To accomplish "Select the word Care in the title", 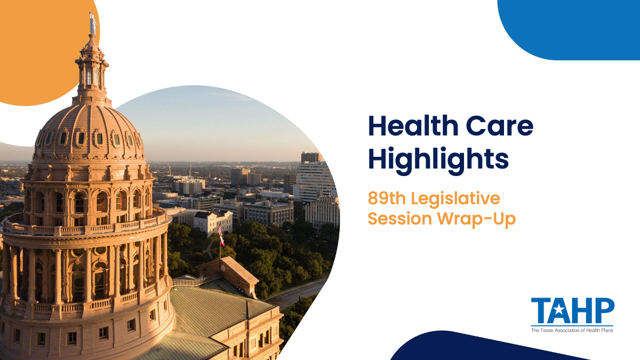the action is (500, 126).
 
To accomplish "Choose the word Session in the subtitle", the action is (400, 219).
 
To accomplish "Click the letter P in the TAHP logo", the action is (605, 310).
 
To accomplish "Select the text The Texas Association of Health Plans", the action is (572, 330).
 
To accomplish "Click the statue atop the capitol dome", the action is (93, 23).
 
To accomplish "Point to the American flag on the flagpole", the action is (220, 230).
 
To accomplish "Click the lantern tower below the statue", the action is (92, 69).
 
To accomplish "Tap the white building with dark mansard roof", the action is (213, 222).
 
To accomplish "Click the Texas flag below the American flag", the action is (222, 242).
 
